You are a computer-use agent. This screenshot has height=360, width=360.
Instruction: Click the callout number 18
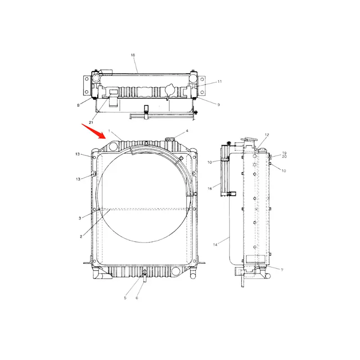133,55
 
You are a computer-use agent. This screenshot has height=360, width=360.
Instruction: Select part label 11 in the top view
220,81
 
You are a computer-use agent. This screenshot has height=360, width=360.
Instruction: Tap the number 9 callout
218,105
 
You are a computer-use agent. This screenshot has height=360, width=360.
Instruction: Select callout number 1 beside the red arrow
108,131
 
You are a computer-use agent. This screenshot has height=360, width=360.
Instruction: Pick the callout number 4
187,131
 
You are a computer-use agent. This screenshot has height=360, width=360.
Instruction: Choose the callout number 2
81,236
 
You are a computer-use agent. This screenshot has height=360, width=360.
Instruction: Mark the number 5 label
125,297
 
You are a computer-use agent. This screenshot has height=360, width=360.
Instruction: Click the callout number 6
137,297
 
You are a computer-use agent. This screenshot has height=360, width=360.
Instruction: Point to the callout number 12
266,135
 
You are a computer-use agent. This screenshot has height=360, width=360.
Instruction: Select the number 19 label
284,153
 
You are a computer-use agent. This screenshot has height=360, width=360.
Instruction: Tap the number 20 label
284,157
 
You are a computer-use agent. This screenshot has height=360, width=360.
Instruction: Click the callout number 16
210,189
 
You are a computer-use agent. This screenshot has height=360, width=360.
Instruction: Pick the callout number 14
215,244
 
